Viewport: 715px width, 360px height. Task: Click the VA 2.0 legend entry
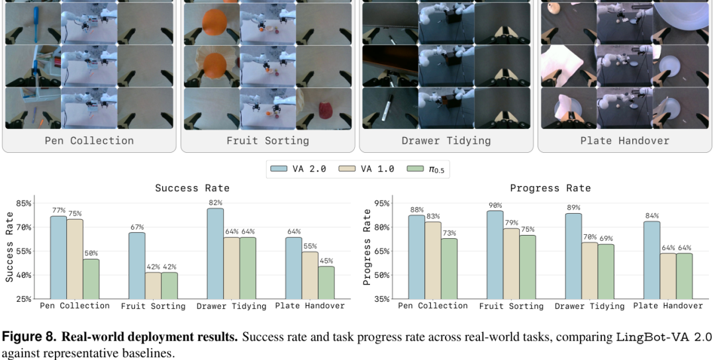(298, 169)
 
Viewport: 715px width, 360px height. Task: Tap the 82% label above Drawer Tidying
(215, 202)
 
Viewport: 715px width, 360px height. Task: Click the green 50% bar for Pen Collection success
(91, 279)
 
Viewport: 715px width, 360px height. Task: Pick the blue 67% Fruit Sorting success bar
(137, 265)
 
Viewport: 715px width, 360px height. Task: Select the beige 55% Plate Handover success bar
(310, 275)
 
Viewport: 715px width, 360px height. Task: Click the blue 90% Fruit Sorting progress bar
(495, 255)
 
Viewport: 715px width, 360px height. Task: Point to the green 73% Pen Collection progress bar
(449, 269)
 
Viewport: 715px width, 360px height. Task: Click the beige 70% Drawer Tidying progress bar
(590, 271)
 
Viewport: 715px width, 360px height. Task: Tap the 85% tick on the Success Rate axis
(24, 203)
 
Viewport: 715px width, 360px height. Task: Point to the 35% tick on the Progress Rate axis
(382, 299)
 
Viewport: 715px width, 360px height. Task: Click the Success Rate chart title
(192, 188)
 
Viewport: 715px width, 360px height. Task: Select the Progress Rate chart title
(550, 188)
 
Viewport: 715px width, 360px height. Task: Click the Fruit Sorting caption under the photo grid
(267, 141)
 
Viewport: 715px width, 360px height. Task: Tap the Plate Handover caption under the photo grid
(625, 141)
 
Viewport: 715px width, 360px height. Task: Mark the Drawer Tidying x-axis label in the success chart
(231, 306)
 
